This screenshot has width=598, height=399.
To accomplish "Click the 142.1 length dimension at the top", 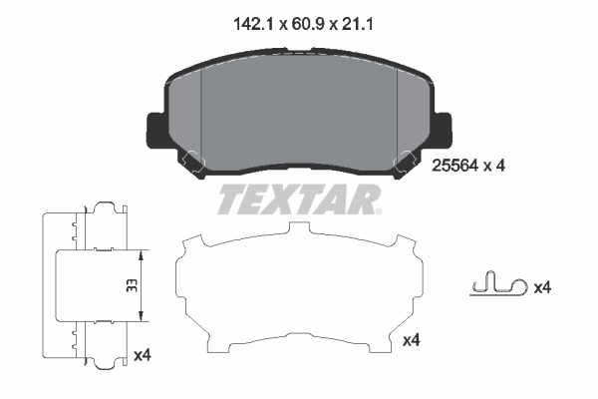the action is coord(253,24).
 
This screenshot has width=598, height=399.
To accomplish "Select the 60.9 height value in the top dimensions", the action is coord(308,24).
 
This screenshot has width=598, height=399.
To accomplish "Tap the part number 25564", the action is coord(454,166).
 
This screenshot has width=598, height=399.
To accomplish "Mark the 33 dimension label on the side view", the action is coord(132,285).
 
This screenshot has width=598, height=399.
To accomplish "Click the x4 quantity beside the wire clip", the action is coord(542,287).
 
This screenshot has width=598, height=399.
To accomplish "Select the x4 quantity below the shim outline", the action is coord(412,340).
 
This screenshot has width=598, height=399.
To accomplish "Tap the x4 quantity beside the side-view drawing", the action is coord(143,355).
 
